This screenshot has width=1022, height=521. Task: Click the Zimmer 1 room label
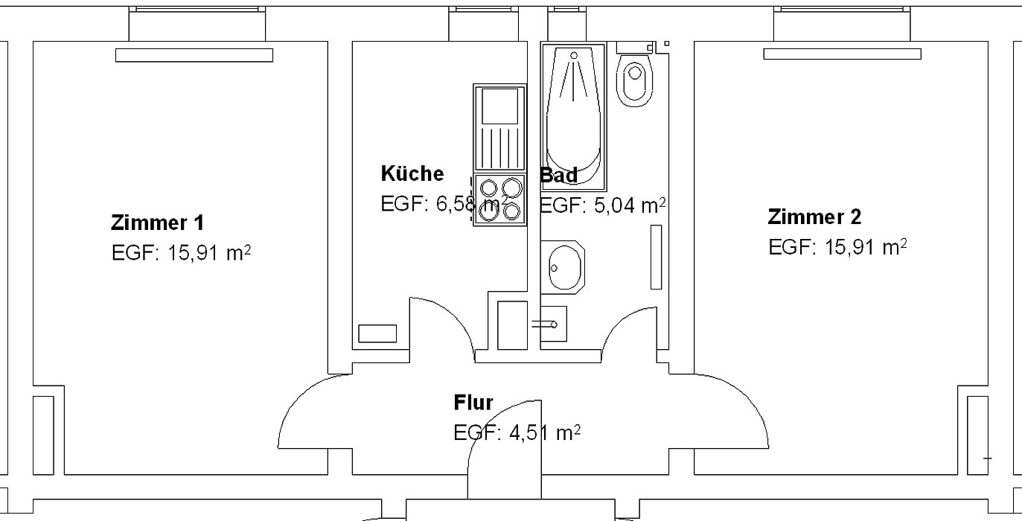pos(157,223)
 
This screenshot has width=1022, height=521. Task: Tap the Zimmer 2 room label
pos(814,217)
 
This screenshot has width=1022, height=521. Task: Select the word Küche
pos(412,173)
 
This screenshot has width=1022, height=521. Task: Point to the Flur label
pos(473,403)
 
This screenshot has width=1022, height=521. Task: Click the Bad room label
pos(559,175)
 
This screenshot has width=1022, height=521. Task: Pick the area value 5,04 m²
pos(630,205)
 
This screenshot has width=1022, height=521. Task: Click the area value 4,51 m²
pos(545,432)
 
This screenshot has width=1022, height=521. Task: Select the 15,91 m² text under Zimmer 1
pos(209,252)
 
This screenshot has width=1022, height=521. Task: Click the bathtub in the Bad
pos(573,116)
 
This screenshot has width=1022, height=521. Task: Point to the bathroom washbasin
pos(563,267)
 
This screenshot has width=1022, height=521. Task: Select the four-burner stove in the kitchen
pos(500,199)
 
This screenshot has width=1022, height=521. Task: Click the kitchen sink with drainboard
pos(500,128)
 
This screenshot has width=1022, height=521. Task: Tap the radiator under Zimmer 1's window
pos(194,55)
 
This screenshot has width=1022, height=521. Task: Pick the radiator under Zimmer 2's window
pos(842,54)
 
